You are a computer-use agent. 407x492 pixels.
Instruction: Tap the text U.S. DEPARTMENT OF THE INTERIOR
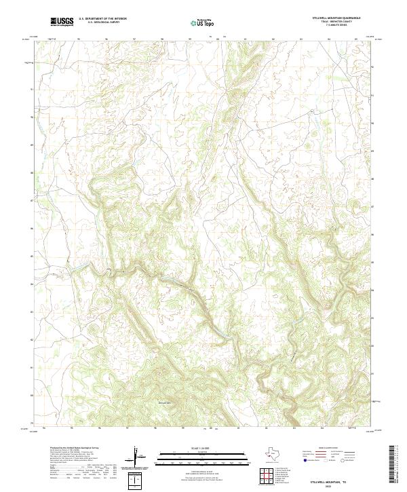102,20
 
